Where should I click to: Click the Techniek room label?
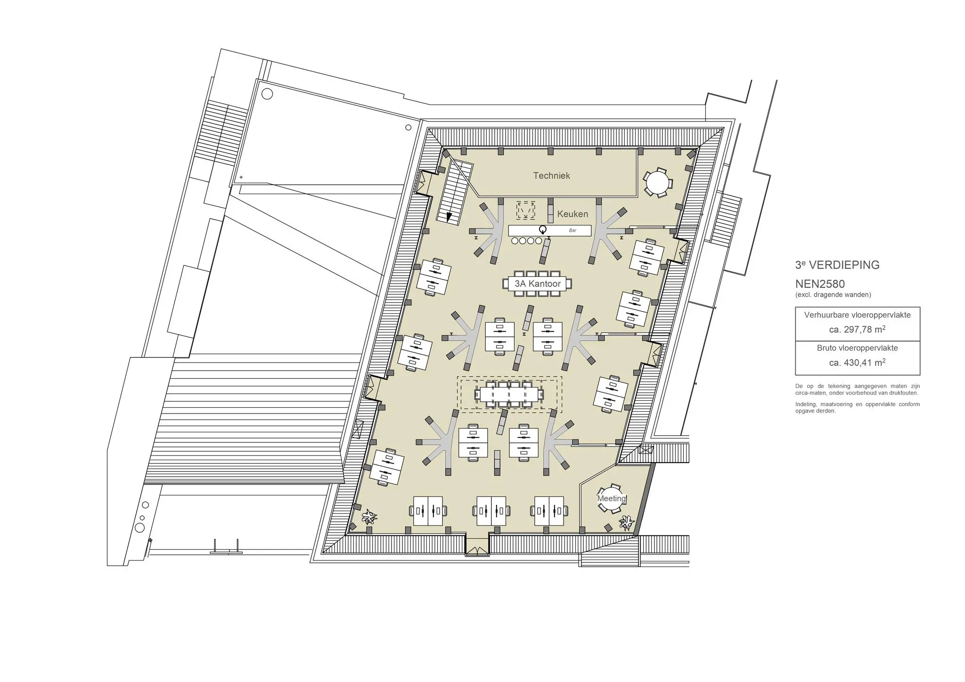pyautogui.click(x=551, y=176)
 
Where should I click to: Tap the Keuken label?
pyautogui.click(x=572, y=214)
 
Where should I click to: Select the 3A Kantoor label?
pyautogui.click(x=538, y=284)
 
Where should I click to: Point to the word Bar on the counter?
pyautogui.click(x=572, y=230)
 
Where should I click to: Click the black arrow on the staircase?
pyautogui.click(x=449, y=217)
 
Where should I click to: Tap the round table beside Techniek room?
pyautogui.click(x=657, y=182)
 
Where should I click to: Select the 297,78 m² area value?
pyautogui.click(x=857, y=330)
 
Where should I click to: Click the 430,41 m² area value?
pyautogui.click(x=857, y=363)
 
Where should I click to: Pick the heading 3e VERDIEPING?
pyautogui.click(x=837, y=265)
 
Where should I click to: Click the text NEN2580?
pyautogui.click(x=820, y=284)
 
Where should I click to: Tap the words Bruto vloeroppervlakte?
pyautogui.click(x=857, y=348)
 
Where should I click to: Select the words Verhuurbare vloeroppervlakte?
pyautogui.click(x=857, y=315)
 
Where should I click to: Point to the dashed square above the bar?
pyautogui.click(x=525, y=210)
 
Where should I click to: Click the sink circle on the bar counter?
pyautogui.click(x=543, y=230)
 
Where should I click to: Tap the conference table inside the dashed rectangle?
pyautogui.click(x=509, y=394)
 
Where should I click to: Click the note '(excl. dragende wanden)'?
pyautogui.click(x=833, y=295)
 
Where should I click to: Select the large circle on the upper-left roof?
pyautogui.click(x=267, y=94)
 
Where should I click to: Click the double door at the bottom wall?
pyautogui.click(x=477, y=551)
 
